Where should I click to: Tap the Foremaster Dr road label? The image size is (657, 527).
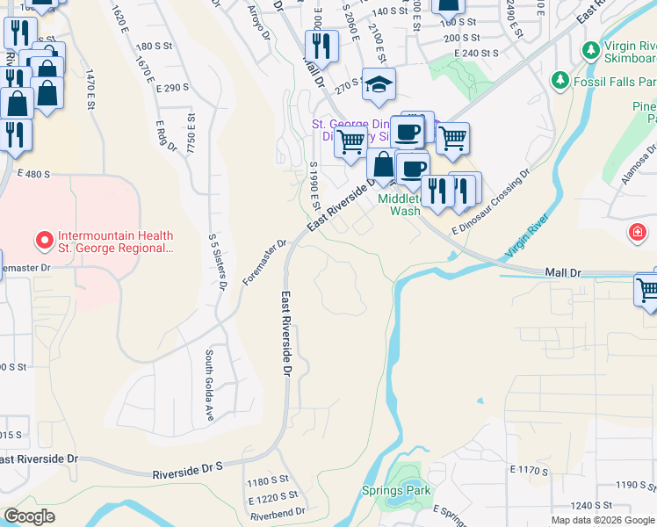(x=265, y=263)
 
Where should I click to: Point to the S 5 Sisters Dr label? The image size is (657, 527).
(x=218, y=262)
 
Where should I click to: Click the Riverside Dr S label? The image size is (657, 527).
(x=188, y=473)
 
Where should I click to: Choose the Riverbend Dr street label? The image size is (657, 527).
(x=276, y=511)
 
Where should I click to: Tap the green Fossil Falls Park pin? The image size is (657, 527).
(x=560, y=81)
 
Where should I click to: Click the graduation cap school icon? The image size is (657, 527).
(x=379, y=84)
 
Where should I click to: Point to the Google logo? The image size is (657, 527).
(x=30, y=516)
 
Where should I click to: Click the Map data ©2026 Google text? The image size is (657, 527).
(x=603, y=520)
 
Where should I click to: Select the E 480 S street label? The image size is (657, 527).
(x=34, y=174)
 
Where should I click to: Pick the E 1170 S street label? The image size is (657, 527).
(x=529, y=471)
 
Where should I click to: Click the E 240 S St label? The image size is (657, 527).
(x=477, y=54)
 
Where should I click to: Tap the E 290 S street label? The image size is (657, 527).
(x=172, y=88)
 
